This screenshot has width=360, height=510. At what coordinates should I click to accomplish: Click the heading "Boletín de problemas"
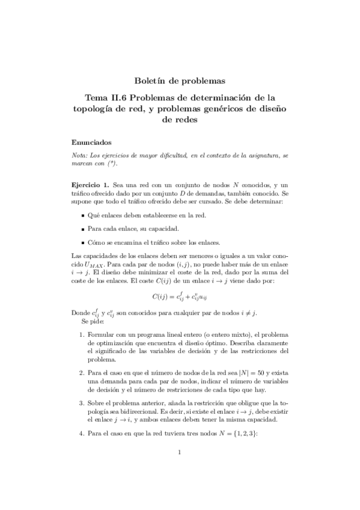pos(180,80)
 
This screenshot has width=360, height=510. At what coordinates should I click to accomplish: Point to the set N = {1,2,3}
pos(261,432)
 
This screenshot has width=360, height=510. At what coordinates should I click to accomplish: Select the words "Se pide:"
pos(93,322)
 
